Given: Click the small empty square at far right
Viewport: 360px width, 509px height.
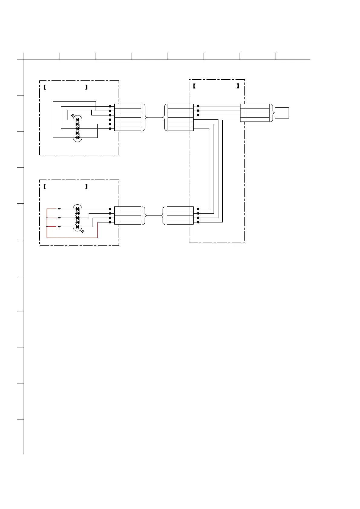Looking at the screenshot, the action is [x=282, y=113].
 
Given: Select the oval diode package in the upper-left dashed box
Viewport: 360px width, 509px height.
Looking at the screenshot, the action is [x=78, y=128].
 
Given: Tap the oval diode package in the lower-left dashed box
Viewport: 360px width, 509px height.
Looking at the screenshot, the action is [x=78, y=218].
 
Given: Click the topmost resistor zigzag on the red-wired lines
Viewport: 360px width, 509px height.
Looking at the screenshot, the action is [x=59, y=209].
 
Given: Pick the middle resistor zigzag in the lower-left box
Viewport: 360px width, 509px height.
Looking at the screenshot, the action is [x=59, y=218].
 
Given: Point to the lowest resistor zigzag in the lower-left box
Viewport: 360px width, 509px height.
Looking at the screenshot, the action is [x=59, y=227].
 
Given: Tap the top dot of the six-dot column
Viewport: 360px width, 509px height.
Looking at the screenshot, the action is [x=110, y=106].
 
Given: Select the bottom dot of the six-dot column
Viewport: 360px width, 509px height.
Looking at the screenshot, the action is [x=110, y=129].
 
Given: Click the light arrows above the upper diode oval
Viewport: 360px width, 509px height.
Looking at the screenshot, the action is [x=72, y=115].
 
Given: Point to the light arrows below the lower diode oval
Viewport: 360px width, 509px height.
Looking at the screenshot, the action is [x=83, y=231].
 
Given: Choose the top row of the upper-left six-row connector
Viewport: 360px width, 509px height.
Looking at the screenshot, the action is [x=128, y=106].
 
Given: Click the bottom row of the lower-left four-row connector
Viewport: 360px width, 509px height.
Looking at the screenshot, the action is [x=128, y=222].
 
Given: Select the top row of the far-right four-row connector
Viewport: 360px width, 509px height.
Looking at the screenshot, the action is [x=255, y=106].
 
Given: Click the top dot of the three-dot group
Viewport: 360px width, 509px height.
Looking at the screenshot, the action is [x=198, y=106].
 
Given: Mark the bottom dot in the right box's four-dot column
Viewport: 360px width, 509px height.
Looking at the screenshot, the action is [x=198, y=222].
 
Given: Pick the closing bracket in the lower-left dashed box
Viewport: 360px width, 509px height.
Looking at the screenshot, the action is [x=86, y=186].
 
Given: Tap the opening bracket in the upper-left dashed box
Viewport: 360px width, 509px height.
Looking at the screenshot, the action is [x=44, y=87].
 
